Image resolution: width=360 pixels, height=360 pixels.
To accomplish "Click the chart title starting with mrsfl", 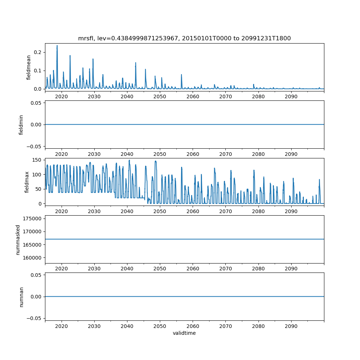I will (184, 38).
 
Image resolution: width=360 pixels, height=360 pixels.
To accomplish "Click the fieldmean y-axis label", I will (28, 68).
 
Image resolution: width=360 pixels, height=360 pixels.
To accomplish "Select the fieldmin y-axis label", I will (21, 125).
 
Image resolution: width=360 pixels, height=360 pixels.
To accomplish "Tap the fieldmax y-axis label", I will (27, 182).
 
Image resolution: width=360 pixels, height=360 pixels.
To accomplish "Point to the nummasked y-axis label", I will (18, 239).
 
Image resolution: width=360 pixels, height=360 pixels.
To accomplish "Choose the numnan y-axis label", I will (21, 297).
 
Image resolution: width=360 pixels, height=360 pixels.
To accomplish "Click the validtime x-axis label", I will (184, 333).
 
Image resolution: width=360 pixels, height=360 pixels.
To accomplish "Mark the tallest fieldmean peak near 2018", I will (57, 46).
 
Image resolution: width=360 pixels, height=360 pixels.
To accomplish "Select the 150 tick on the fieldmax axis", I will (37, 160).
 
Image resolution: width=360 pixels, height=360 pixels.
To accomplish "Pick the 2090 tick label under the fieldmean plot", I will (291, 97).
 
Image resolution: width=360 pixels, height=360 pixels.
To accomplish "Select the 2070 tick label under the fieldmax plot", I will (225, 211).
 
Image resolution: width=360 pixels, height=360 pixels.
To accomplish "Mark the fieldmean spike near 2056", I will (181, 75).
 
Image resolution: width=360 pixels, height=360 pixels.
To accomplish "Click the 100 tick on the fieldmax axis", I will (37, 174).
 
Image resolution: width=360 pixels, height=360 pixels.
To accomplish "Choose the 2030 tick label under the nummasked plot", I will (94, 269).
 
